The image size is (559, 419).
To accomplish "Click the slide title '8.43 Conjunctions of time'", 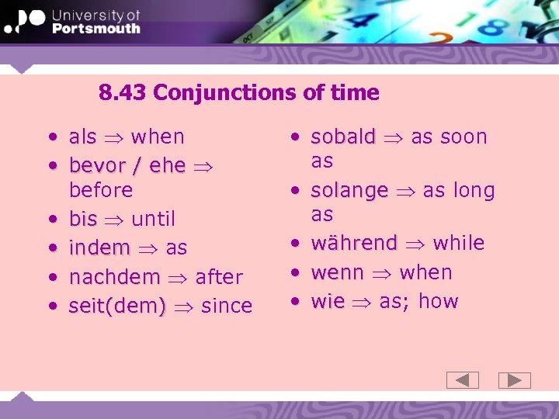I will tap(239, 93).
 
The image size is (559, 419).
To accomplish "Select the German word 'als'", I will tap(83, 137).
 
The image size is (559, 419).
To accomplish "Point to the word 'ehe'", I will tap(168, 166).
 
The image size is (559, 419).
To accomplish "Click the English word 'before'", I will tap(101, 190).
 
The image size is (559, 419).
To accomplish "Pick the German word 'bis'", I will tap(83, 219).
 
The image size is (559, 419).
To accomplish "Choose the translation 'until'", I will tap(154, 219).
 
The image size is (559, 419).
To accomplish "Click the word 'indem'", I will tap(99, 248).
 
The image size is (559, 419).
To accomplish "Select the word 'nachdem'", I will tap(114, 277).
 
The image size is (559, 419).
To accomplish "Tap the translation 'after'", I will tap(219, 277).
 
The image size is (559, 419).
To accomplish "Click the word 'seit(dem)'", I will tap(117, 306).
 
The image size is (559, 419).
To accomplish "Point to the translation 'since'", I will tap(227, 306).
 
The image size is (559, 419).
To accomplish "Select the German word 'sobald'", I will tap(342, 137).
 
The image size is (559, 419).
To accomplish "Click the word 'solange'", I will tap(349, 191).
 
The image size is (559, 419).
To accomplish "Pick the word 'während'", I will tap(353, 244).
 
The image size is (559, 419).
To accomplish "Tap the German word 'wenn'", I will tap(337, 273).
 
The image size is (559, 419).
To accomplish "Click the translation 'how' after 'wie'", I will tap(439, 302).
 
